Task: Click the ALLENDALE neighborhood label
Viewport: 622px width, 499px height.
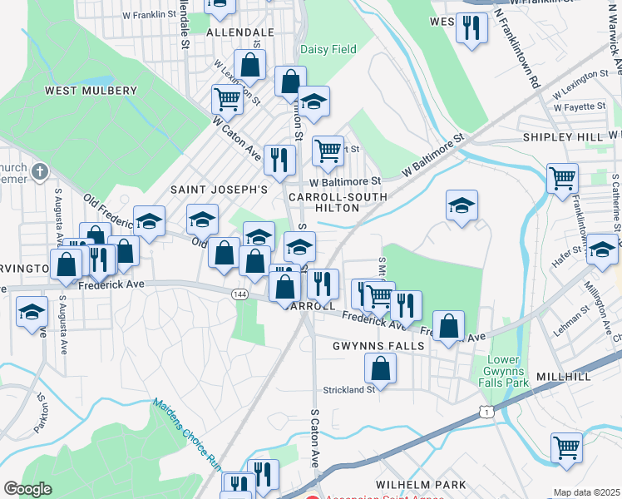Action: coord(239,32)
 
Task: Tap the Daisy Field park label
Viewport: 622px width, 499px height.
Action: coord(328,49)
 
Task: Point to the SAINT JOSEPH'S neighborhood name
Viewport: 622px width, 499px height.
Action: coord(219,190)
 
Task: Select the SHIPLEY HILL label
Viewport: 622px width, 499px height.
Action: coord(562,136)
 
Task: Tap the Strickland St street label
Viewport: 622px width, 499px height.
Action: coord(349,389)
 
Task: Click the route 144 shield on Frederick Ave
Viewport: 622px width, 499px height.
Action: coord(239,294)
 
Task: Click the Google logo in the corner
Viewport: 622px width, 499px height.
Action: coord(27,489)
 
